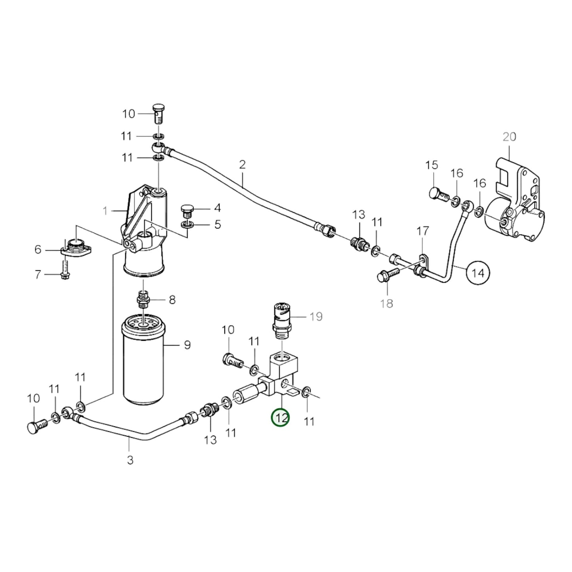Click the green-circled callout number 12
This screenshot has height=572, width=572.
point(280,418)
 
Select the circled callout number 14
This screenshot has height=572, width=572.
point(478,273)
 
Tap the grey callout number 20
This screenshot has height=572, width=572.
point(509,137)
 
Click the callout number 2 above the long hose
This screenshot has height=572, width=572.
point(242,164)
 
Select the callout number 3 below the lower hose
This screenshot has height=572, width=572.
point(130,460)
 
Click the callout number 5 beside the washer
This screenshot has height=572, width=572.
point(217,225)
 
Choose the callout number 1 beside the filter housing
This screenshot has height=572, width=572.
point(105,211)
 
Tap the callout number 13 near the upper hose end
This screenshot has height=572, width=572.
point(359,215)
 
